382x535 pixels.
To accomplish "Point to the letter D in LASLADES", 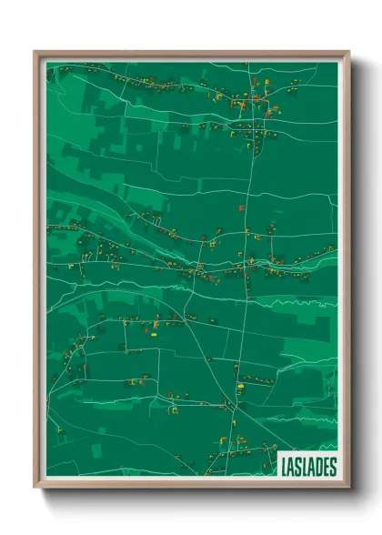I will (x=317, y=466).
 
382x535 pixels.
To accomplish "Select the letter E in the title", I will (x=325, y=466).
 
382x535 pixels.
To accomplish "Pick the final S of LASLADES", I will (x=332, y=466).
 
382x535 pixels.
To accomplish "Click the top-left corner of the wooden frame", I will (x=35, y=52).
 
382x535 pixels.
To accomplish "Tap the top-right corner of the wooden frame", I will (x=348, y=52).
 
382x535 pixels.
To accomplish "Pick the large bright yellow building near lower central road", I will (x=240, y=386).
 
